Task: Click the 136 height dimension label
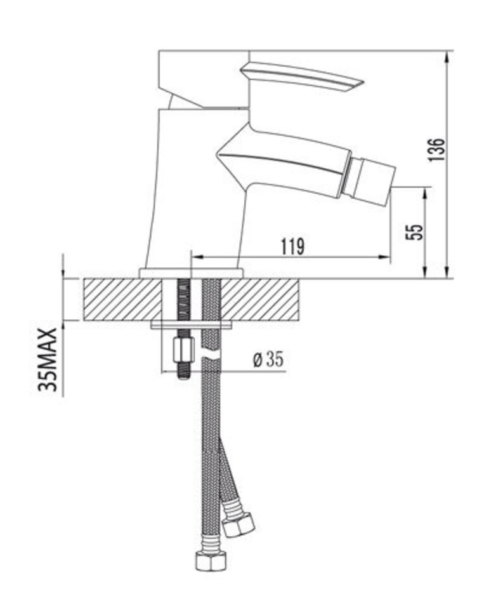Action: tap(438, 149)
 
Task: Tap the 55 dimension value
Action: tap(415, 232)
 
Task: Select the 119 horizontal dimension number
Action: tap(292, 246)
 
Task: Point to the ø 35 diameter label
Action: tap(268, 359)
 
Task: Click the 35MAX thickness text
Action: tap(48, 359)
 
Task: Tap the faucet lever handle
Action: tap(302, 78)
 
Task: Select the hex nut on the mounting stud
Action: tap(183, 350)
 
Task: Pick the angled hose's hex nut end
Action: tap(239, 524)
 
